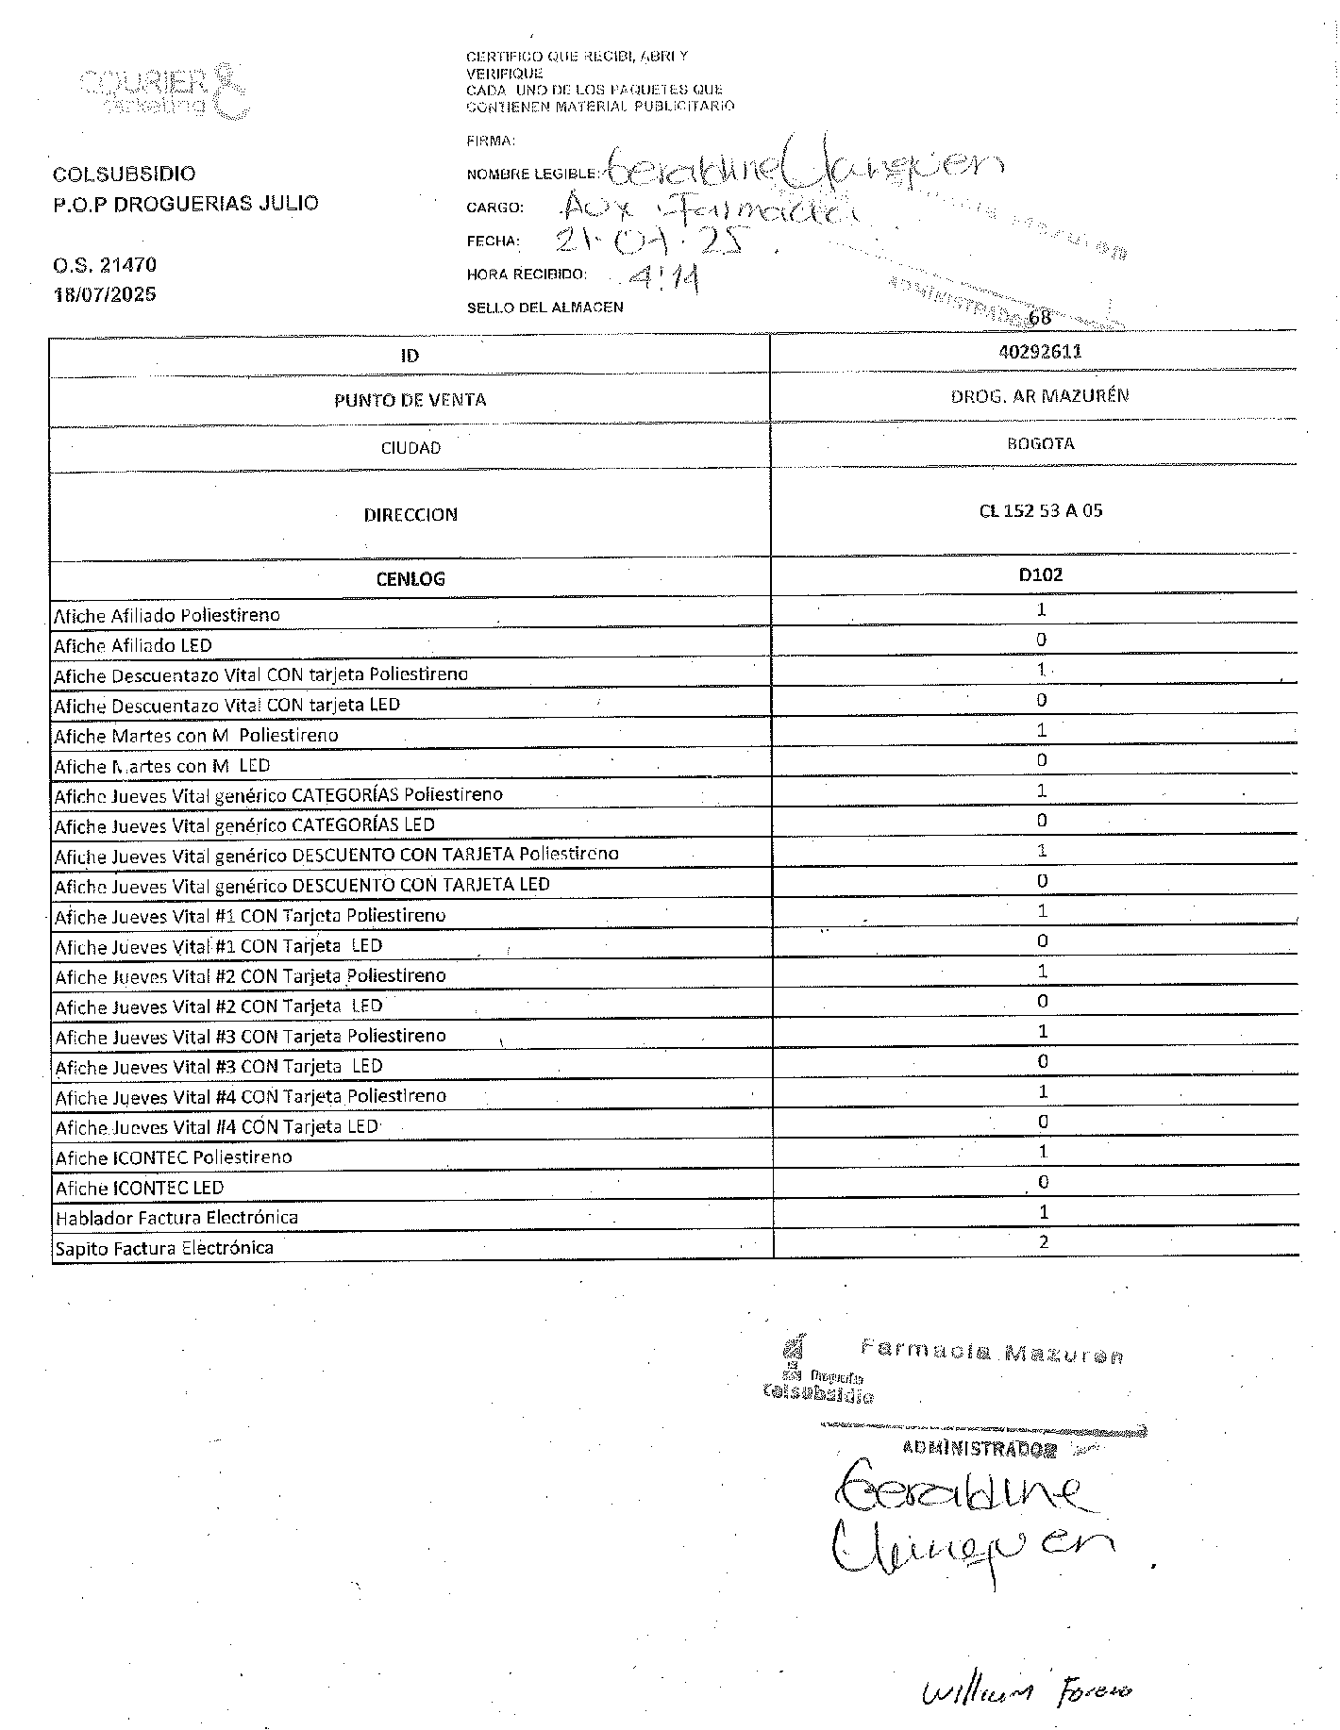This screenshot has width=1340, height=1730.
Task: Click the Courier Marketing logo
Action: coord(166,91)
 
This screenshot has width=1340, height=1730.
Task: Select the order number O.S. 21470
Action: coord(105,265)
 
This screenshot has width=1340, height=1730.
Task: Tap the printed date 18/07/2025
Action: coord(105,294)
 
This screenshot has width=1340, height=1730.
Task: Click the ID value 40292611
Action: coord(1040,351)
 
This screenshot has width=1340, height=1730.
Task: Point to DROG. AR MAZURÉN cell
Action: coord(1040,396)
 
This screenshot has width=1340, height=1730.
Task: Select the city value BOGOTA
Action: coord(1040,443)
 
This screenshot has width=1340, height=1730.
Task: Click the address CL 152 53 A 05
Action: coord(1040,511)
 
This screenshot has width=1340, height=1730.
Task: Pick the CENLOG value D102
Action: coord(1040,574)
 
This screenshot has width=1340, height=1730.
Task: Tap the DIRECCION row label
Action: coord(410,515)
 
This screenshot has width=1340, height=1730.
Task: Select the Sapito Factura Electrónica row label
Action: coord(164,1248)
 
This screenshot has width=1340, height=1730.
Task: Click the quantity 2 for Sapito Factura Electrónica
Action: coord(1043,1242)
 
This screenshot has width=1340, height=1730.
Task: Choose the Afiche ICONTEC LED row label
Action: coord(140,1188)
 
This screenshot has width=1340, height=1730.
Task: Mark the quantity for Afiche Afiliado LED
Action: coord(1041,640)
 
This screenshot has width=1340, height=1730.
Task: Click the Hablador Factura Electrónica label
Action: coord(176,1218)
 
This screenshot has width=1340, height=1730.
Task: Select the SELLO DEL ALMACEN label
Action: coord(544,308)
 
